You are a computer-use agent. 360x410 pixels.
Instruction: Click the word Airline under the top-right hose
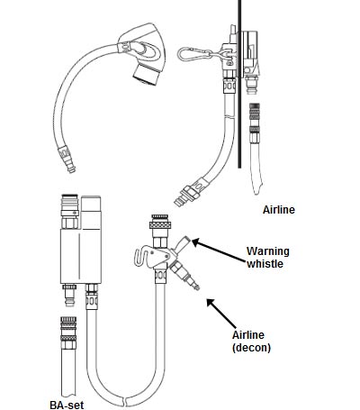coord(279,210)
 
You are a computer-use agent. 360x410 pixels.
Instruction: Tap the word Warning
coord(268,251)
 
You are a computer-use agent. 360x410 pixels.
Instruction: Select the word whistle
coord(265,264)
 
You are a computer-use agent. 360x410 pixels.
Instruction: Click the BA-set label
coord(67,405)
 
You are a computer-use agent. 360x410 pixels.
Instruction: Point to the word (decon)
coord(251,348)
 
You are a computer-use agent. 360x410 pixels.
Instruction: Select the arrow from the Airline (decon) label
coord(221,314)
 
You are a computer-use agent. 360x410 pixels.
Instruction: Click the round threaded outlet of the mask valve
coord(146,75)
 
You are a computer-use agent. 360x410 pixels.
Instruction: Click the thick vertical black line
coord(239,84)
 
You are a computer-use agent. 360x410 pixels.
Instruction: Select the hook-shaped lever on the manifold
coord(141,256)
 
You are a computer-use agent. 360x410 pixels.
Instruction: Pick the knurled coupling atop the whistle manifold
coord(160,223)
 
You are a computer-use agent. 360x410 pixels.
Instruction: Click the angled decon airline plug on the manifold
coord(184,276)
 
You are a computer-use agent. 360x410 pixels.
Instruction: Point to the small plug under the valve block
coord(69,295)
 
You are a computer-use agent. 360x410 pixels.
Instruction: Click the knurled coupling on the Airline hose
coord(255,118)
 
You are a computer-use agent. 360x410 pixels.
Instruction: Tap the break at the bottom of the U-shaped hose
coord(125,402)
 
